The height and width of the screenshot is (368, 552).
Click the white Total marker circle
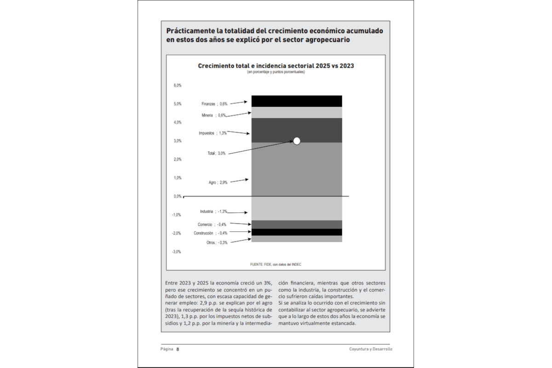click(x=297, y=141)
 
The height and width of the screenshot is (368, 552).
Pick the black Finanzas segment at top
click(x=297, y=101)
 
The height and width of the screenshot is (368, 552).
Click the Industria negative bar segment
click(x=297, y=208)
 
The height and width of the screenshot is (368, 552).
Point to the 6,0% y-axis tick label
click(x=178, y=85)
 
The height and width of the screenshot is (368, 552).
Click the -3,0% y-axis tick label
click(x=177, y=252)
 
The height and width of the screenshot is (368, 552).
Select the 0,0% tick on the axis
click(x=178, y=196)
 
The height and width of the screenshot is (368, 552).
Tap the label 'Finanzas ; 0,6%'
click(x=214, y=104)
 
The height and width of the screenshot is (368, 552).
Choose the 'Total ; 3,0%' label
click(x=217, y=154)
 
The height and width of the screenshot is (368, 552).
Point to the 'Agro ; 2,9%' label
click(x=218, y=183)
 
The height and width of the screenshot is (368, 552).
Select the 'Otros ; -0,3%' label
click(x=217, y=242)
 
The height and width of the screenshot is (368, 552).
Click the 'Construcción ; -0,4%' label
click(x=210, y=233)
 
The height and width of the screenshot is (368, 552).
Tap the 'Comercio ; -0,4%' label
click(x=212, y=224)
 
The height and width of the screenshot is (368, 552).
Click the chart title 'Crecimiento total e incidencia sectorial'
click(x=276, y=66)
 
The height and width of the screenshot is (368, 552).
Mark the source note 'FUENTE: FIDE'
click(x=276, y=264)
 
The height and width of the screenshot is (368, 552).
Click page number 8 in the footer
click(x=178, y=349)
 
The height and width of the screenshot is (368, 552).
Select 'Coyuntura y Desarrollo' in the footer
click(x=370, y=349)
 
